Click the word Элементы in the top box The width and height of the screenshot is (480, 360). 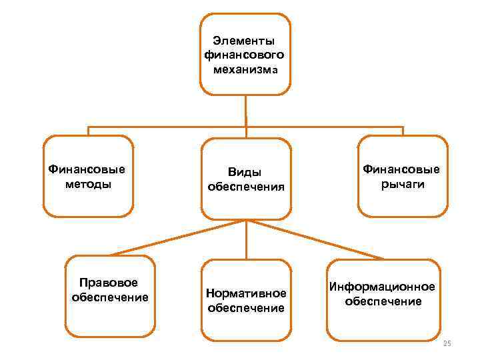[x=245, y=41]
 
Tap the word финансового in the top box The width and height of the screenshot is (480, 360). [x=245, y=55]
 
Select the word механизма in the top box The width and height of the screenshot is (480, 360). [x=245, y=68]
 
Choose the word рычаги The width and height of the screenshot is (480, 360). [x=403, y=183]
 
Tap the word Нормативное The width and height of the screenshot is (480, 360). [x=246, y=293]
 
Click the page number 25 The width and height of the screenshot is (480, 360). [x=447, y=343]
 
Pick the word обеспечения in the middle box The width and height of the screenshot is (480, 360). [x=246, y=187]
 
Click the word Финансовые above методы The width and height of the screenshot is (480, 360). [x=87, y=169]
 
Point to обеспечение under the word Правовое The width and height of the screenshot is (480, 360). [x=109, y=297]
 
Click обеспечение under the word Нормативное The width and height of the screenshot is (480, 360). [x=246, y=307]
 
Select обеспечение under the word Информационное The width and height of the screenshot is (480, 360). [x=383, y=301]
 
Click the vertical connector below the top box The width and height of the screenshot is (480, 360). [x=246, y=110]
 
